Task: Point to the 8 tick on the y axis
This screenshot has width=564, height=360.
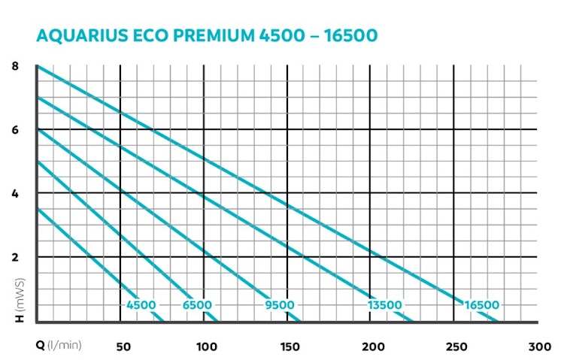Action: (x=15, y=66)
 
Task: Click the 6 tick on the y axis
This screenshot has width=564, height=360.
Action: (x=15, y=130)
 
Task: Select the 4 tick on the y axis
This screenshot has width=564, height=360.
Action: (x=15, y=193)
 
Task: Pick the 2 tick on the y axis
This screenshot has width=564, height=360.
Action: (x=15, y=257)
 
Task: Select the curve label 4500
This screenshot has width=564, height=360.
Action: (x=141, y=305)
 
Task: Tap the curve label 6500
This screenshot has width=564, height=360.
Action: (x=197, y=305)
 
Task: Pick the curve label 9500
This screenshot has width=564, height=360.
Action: (x=280, y=305)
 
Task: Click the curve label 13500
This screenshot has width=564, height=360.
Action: (x=384, y=305)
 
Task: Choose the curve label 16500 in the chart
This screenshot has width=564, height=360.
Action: (x=481, y=305)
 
